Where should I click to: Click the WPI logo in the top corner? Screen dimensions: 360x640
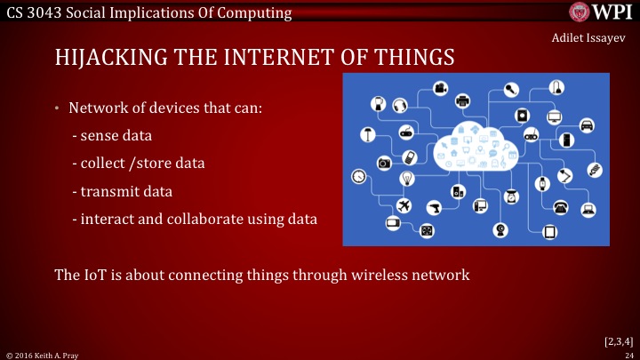[x=601, y=12]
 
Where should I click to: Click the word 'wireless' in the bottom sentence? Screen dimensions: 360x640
[x=350, y=275]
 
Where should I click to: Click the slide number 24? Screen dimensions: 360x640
[x=628, y=354]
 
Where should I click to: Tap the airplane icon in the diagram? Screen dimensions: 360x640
[x=405, y=205]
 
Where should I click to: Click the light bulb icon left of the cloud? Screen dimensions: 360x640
[x=408, y=178]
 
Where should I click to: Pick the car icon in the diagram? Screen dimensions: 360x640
[x=587, y=125]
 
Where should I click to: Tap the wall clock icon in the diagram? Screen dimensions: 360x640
[x=359, y=176]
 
